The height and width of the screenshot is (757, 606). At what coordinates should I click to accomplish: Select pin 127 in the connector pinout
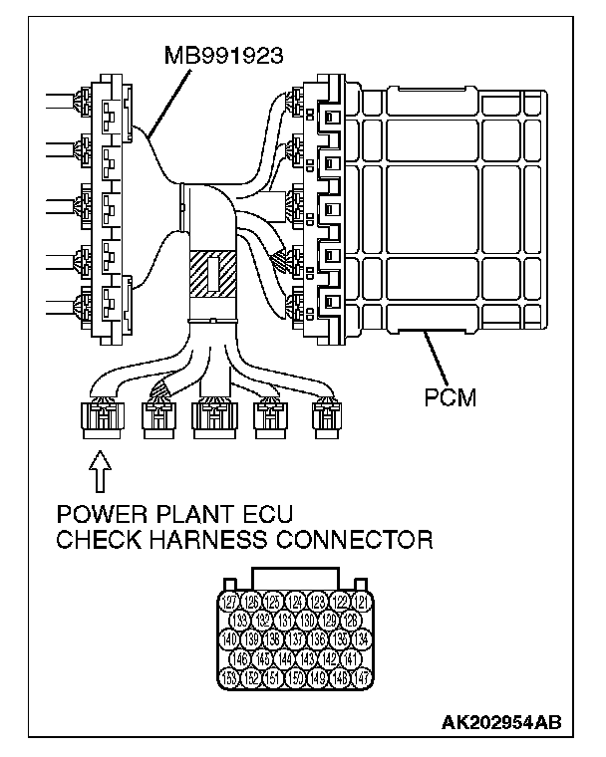pos(230,602)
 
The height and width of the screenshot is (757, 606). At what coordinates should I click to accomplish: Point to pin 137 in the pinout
pos(296,639)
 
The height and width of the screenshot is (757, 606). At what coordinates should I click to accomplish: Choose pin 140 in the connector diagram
pos(230,639)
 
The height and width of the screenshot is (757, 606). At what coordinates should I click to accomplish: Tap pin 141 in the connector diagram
pos(351,658)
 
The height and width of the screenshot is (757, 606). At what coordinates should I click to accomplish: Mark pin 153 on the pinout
pos(230,677)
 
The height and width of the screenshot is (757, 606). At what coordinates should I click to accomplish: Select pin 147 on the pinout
pos(363,677)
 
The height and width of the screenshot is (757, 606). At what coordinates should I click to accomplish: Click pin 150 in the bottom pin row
pos(296,677)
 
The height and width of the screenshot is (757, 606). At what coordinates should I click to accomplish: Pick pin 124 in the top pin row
pos(296,602)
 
